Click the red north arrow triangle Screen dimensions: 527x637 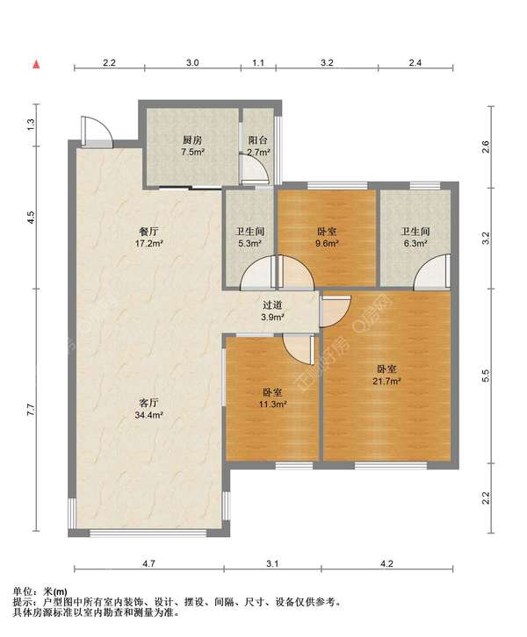point(37,64)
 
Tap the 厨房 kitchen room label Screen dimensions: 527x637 point(192,140)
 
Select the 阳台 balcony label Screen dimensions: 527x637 point(258,140)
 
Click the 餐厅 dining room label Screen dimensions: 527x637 point(149,232)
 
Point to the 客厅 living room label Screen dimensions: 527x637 point(149,403)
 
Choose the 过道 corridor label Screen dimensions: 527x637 point(272,304)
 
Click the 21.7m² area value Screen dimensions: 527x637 point(386,381)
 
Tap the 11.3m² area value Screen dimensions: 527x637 point(273,404)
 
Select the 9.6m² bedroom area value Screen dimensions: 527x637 point(328,243)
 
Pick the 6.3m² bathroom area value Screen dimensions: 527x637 point(415,243)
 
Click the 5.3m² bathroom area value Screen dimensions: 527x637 point(249,243)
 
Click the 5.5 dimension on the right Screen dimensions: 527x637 point(485,376)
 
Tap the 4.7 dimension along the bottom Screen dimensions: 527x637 point(149,563)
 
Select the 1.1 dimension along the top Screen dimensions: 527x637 point(258,62)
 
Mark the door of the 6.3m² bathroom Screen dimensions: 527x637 point(432,272)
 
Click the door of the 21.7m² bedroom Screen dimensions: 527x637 point(335,311)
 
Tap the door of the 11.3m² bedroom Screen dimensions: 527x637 point(299,349)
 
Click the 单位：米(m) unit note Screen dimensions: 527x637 point(40,591)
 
